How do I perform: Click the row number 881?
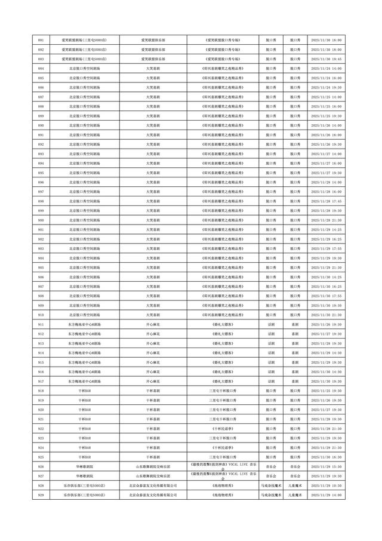point(40,39)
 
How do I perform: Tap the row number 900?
point(40,220)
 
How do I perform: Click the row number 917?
point(40,382)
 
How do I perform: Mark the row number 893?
point(40,153)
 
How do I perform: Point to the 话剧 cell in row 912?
point(272,334)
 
